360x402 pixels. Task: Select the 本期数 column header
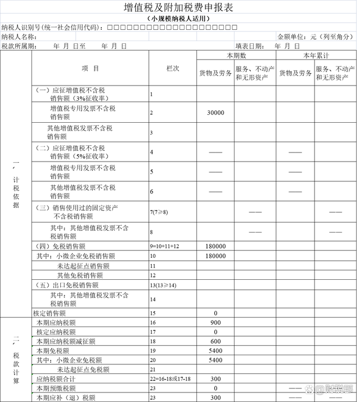[236, 56]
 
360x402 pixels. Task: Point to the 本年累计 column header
[316, 56]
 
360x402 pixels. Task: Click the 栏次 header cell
[172, 68]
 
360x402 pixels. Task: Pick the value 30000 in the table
[215, 113]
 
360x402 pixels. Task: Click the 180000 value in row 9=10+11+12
[215, 246]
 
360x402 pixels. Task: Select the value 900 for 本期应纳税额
[215, 323]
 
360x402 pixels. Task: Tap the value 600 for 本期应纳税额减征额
[215, 341]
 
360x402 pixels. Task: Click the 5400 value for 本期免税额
[215, 350]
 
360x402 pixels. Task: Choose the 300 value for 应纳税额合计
[215, 379]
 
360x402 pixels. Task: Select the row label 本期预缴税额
[56, 388]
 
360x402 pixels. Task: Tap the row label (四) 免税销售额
[61, 246]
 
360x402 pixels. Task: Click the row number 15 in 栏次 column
[152, 313]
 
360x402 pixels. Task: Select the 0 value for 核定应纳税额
[215, 332]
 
